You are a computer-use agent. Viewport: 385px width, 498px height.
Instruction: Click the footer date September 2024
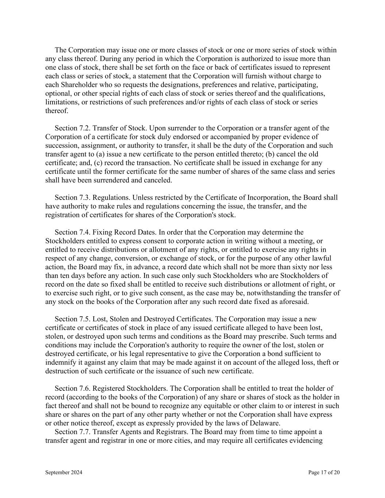[x=63, y=472]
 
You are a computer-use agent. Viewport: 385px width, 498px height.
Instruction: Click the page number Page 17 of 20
[x=324, y=472]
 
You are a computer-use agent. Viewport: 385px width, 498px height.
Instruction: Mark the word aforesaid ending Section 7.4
[x=294, y=301]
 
